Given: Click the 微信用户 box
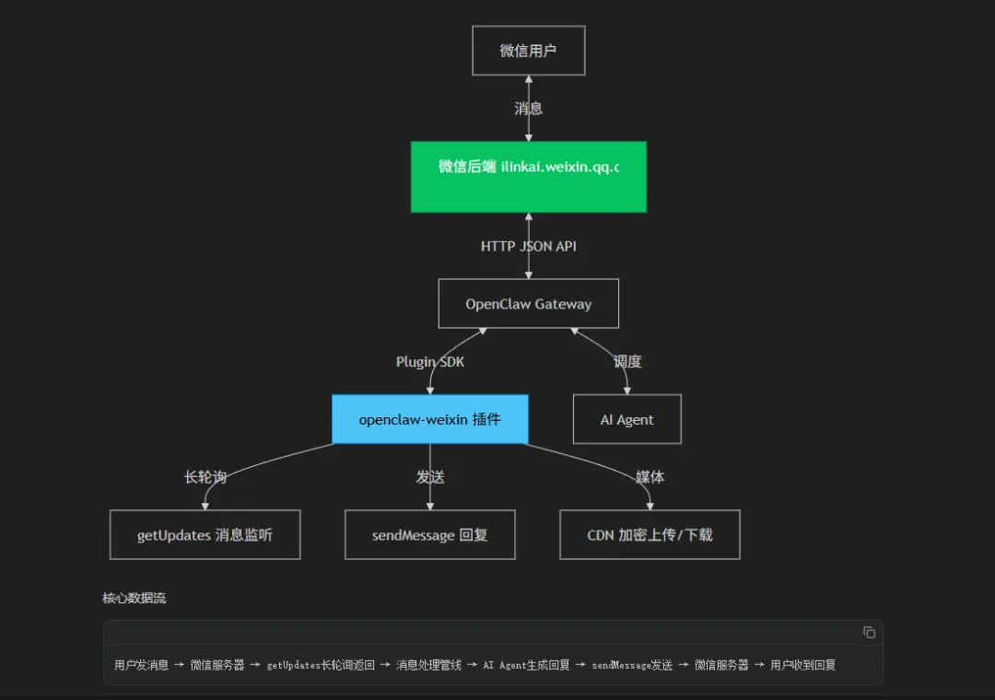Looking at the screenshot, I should [x=528, y=51].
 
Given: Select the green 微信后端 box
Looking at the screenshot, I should [x=528, y=177].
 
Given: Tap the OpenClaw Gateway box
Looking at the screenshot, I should [x=528, y=304].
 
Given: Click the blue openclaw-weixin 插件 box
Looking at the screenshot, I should [x=429, y=419].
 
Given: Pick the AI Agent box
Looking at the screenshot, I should [x=626, y=419].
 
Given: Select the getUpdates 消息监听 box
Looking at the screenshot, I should [x=205, y=534].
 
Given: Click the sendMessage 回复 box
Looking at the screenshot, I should [x=429, y=534].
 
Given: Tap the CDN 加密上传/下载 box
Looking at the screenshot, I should [x=650, y=534].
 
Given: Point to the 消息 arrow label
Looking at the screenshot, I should [x=528, y=109].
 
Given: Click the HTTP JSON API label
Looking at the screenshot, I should [x=528, y=246].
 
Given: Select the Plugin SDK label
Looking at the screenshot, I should [x=429, y=362].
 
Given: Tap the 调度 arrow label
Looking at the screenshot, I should [x=626, y=362].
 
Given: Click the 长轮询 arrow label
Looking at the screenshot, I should [x=205, y=477].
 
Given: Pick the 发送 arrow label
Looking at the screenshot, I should [x=429, y=477].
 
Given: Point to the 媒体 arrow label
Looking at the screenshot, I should [x=650, y=477].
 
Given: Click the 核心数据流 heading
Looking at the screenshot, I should [x=134, y=599].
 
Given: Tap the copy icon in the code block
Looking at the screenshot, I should [x=869, y=632].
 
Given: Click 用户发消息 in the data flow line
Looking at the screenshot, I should [x=141, y=665].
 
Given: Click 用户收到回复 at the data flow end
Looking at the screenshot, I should [x=802, y=665].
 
